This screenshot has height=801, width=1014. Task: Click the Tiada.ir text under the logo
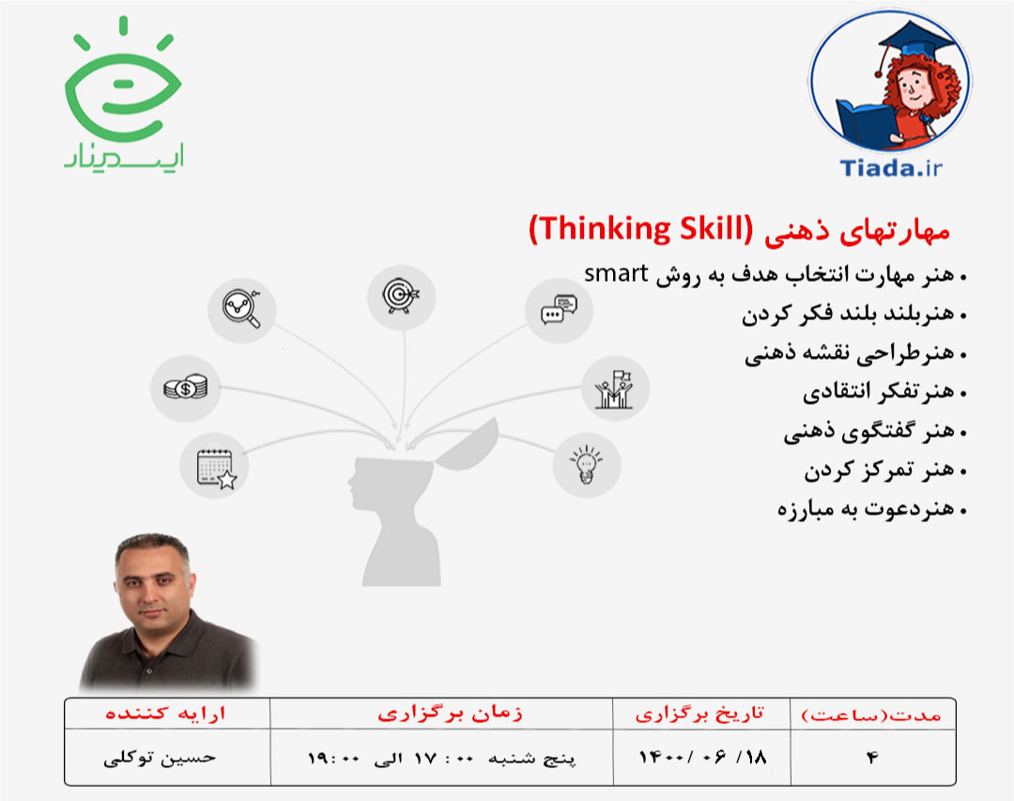(888, 167)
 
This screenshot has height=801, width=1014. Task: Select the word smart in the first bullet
(617, 274)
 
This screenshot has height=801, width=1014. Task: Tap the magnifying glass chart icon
(241, 307)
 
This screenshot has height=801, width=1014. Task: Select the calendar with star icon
(215, 467)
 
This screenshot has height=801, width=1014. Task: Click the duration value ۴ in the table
(872, 757)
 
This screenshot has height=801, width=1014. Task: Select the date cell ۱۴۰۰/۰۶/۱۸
(701, 757)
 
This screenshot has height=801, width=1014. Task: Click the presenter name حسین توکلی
(160, 757)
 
